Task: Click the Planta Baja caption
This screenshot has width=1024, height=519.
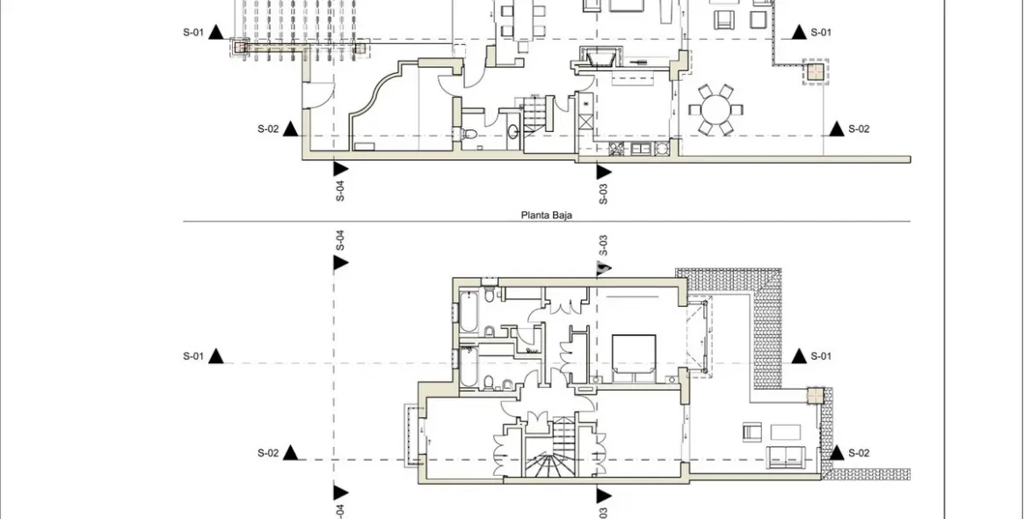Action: (x=546, y=215)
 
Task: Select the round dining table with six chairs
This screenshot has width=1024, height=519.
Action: (x=716, y=111)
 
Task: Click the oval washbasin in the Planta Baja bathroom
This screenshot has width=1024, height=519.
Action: (x=512, y=131)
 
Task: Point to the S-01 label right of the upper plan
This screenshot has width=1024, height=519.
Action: (x=821, y=32)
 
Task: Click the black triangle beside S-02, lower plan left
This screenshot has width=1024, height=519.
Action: (x=291, y=453)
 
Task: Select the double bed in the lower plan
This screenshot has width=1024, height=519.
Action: (x=634, y=358)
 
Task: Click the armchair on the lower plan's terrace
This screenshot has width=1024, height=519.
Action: (x=752, y=431)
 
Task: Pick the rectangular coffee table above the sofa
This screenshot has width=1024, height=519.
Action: (x=785, y=432)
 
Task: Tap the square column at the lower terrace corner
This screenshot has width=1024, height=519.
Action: (x=816, y=396)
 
